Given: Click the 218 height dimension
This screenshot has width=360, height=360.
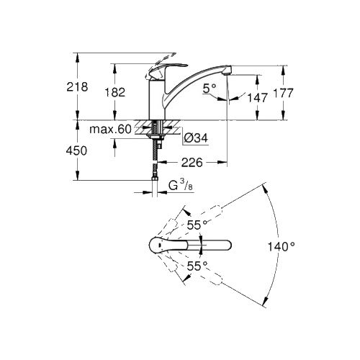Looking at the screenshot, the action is click(77, 87).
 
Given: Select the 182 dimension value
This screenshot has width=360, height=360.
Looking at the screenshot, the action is click(115, 92).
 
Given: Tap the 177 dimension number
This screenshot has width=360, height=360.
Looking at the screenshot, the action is click(284, 93).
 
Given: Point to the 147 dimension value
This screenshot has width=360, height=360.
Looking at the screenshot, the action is click(257, 98).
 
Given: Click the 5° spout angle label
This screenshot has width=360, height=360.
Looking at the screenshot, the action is click(210, 89).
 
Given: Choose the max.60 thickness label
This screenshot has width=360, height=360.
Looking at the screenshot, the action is click(110, 130).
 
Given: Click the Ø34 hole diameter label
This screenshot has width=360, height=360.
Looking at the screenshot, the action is click(196, 138).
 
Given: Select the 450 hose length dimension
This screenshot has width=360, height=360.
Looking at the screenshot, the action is click(76, 151).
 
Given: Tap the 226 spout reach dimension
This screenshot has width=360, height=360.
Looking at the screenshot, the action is click(192, 163).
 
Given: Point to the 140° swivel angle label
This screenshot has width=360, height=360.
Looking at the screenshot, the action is click(281, 246).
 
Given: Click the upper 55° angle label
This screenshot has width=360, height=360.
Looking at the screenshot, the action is click(197, 225).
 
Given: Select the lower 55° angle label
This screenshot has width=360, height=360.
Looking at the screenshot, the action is click(197, 266).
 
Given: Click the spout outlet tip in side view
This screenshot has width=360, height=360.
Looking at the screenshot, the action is click(227, 71).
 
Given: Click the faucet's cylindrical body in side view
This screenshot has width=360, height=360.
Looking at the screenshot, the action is click(157, 99).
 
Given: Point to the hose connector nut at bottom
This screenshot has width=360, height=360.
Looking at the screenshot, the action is click(155, 179).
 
